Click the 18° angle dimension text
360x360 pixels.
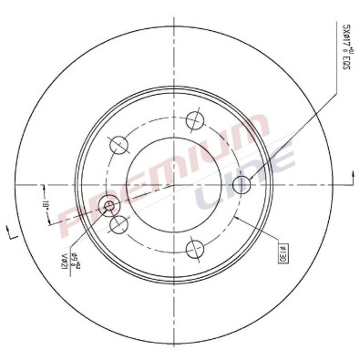pyautogui.click(x=43, y=204)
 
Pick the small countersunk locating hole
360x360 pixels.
pyautogui.click(x=110, y=205)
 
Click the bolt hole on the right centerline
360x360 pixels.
pyautogui.click(x=242, y=185)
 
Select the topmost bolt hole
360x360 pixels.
pyautogui.click(x=192, y=118)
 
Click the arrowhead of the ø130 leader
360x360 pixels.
pyautogui.click(x=235, y=219)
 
